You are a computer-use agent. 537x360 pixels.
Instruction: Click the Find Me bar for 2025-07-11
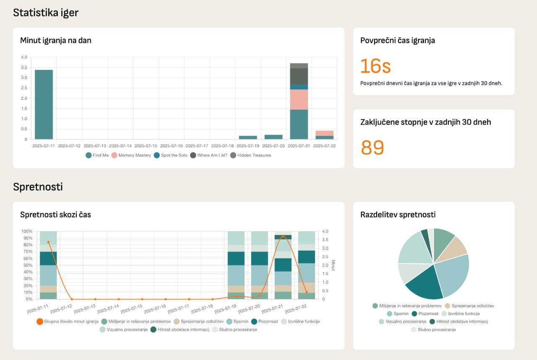coord(44,105)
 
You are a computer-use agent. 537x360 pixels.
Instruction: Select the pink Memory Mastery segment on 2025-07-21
coord(299,99)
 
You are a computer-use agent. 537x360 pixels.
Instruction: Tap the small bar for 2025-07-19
coord(248,137)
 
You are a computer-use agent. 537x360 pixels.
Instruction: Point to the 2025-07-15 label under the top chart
coord(146,146)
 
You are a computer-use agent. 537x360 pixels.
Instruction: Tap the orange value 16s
coord(375,66)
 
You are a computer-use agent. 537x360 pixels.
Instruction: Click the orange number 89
coord(372,147)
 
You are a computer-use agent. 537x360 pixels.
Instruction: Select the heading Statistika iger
coord(46,13)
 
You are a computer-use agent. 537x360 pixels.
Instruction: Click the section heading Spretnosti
coord(38,187)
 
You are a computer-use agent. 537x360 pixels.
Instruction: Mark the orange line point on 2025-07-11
coord(48,242)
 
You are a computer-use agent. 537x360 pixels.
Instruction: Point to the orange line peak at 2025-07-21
coord(284,236)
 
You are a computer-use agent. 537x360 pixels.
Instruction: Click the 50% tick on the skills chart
coord(27,265)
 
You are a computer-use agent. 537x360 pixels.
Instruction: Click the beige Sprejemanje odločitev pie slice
coord(456,247)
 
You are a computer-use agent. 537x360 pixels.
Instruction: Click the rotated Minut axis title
coord(333,265)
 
